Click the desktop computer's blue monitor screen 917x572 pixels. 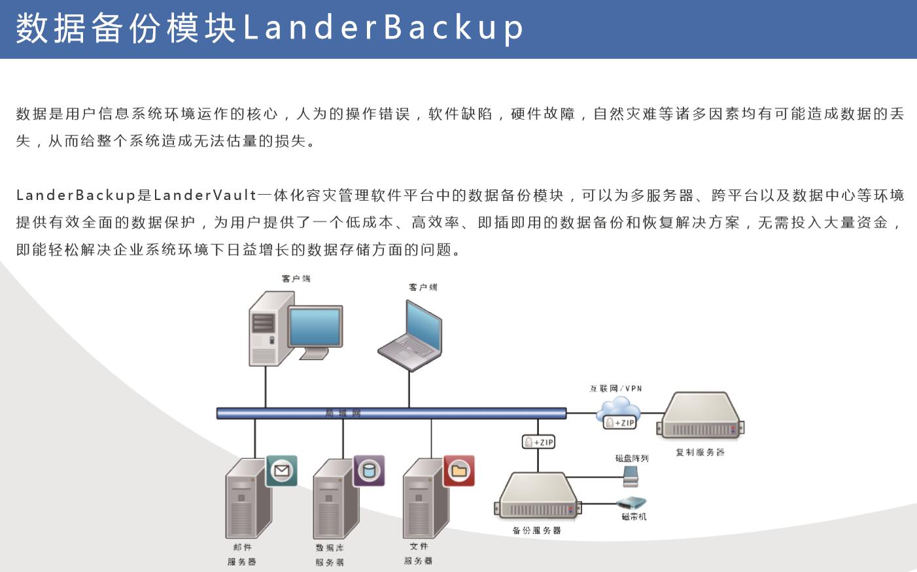tap(315, 326)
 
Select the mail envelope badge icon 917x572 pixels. tap(282, 471)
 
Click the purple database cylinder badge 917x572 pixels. tap(369, 471)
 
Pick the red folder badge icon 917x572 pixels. tap(458, 471)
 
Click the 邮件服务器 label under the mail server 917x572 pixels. tap(242, 554)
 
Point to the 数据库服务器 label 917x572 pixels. tap(330, 555)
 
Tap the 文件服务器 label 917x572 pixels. tap(418, 554)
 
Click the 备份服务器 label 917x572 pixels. tap(536, 531)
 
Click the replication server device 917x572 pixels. tap(701, 415)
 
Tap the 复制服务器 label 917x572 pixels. tap(700, 452)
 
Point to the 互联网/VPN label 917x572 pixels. tap(615, 388)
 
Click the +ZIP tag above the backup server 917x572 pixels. tap(538, 442)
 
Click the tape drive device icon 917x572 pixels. tap(632, 503)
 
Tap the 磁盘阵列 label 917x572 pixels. tap(631, 458)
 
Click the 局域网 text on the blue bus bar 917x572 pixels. tap(343, 413)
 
